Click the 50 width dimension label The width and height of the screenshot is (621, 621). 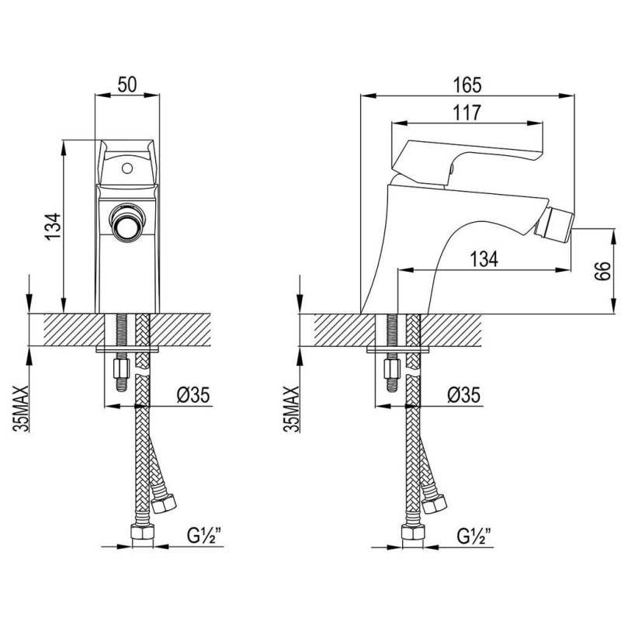point(127,84)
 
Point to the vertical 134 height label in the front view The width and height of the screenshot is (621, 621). point(53,226)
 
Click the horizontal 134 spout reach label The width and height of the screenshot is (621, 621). point(484,259)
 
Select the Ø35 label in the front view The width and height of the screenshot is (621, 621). point(193,394)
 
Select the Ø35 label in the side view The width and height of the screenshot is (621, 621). point(463,394)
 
